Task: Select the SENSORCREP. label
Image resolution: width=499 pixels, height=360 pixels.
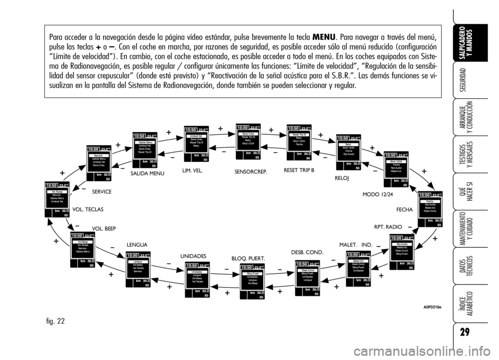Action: click(251, 171)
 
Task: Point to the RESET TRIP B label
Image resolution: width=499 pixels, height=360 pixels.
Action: click(299, 170)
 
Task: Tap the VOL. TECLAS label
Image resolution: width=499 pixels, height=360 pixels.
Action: click(88, 209)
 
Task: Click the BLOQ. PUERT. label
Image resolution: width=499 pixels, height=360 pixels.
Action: click(248, 258)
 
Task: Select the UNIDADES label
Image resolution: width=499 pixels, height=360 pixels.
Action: click(193, 256)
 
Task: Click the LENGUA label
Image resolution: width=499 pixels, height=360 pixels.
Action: click(137, 244)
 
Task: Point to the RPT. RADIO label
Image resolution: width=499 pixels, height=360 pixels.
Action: click(388, 227)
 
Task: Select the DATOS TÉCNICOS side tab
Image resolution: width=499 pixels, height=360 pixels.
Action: click(467, 265)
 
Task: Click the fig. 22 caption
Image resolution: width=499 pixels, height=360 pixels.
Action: click(54, 321)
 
